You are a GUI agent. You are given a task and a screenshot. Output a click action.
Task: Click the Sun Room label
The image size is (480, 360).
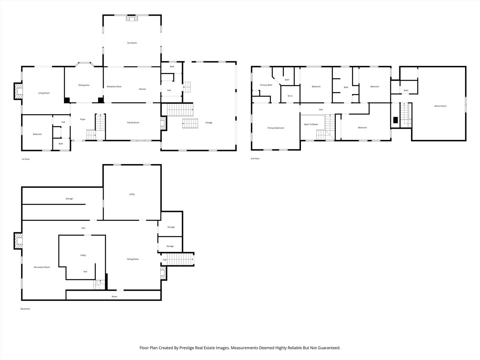132,43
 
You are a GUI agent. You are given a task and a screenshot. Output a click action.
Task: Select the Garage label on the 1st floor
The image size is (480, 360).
209,123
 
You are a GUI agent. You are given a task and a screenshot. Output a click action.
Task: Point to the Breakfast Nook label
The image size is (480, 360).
114,87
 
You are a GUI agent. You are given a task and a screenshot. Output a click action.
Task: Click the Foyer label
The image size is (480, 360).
83,119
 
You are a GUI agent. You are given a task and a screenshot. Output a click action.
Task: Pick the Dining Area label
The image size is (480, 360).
84,85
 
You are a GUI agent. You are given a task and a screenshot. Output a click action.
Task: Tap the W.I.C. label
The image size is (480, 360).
290,96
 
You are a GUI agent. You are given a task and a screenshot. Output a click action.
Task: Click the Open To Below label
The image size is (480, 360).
311,124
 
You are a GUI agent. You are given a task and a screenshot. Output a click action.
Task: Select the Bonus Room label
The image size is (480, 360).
440,106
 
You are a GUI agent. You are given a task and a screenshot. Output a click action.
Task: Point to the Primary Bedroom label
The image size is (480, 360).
276,128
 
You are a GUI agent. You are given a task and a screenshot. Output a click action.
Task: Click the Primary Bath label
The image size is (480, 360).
266,85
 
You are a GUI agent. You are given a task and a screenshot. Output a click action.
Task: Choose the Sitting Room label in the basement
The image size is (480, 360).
133,259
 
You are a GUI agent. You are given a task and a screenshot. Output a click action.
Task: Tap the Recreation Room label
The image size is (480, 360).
42,267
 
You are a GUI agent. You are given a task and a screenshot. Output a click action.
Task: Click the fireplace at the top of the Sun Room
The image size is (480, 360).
132,18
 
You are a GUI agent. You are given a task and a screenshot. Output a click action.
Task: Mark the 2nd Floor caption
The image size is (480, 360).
255,158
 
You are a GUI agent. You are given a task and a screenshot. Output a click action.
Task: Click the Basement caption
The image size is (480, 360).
25,309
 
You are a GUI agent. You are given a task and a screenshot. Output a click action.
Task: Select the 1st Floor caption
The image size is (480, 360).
26,159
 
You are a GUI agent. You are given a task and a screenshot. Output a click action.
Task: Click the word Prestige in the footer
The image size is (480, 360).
187,348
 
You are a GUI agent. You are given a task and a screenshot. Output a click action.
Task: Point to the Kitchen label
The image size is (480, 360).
142,89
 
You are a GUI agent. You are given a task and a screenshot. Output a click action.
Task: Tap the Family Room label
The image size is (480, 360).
133,123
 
